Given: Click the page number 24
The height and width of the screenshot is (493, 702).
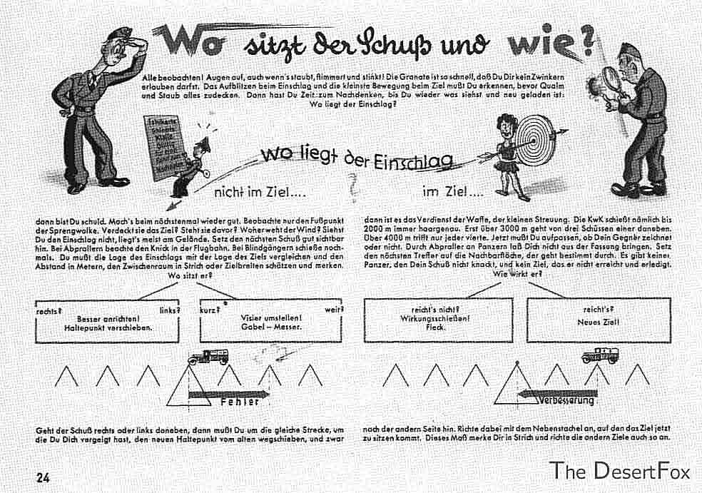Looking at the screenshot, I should pyautogui.click(x=44, y=477).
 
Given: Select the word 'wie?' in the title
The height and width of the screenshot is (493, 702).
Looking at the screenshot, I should pyautogui.click(x=550, y=44).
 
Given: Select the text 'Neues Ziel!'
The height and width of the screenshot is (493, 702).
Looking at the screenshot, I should pyautogui.click(x=599, y=322).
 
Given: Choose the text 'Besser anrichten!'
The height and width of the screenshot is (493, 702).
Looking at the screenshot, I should pyautogui.click(x=108, y=319).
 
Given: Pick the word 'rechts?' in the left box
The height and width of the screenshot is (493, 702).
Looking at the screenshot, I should pyautogui.click(x=48, y=310).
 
